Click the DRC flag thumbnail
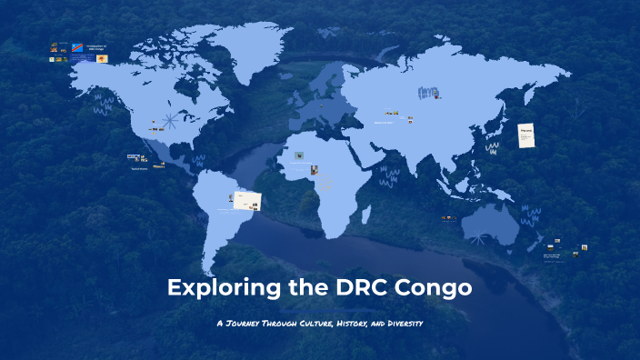click(76, 47)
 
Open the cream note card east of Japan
click(526, 134)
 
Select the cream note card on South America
click(248, 198)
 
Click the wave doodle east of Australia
click(530, 216)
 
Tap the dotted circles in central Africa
click(323, 182)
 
